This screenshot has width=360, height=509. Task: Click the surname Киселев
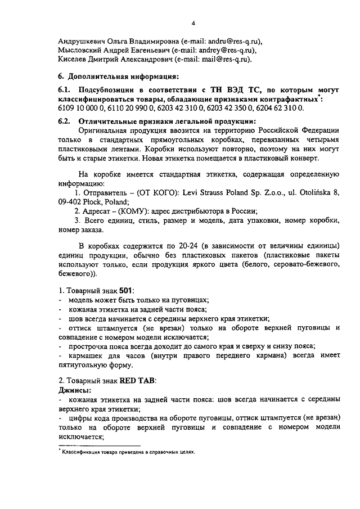point(74,58)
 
